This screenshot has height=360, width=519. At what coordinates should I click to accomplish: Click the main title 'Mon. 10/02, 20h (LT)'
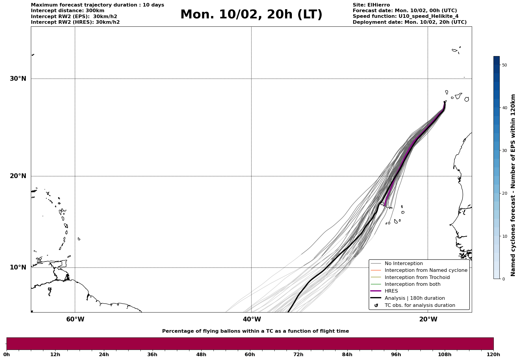point(251,15)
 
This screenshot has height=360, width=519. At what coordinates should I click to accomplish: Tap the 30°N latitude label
point(18,79)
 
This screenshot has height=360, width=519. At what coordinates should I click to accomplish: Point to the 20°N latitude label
point(18,176)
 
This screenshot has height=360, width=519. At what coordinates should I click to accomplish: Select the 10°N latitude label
point(18,267)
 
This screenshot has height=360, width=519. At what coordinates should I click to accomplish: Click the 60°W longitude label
point(75,319)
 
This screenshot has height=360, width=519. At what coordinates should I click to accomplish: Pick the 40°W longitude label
point(252,319)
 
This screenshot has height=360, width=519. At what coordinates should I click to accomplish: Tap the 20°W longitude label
point(428,319)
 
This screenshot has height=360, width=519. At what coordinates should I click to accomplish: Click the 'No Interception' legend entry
point(404,264)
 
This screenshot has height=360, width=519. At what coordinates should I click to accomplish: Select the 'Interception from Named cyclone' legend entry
point(426,270)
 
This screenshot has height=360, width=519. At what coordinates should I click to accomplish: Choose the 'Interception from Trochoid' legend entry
point(417,277)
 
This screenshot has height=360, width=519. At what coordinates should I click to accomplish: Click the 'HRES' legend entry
point(391,291)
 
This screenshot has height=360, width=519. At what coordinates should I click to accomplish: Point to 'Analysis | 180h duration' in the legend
point(414,298)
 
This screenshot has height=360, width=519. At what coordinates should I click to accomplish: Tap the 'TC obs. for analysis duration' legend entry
point(420,305)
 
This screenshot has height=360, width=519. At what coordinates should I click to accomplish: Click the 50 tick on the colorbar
point(504,65)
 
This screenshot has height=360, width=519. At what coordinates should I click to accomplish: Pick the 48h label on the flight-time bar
point(201,355)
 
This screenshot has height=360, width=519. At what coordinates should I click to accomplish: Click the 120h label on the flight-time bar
point(493,355)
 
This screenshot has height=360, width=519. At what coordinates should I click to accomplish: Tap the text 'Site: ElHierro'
point(371,5)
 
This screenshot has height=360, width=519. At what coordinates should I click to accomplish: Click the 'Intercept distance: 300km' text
point(68,11)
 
